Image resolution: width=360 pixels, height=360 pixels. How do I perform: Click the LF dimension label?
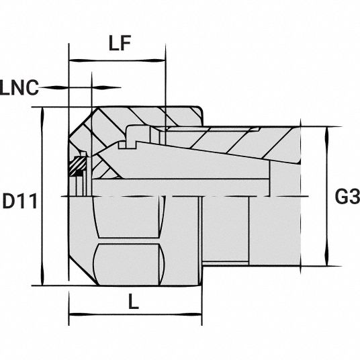[x=120, y=43]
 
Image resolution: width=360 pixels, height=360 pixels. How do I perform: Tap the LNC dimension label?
[x=19, y=88]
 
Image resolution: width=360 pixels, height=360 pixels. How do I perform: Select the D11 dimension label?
[x=19, y=201]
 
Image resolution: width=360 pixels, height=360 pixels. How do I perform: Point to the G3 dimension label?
[x=347, y=196]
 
